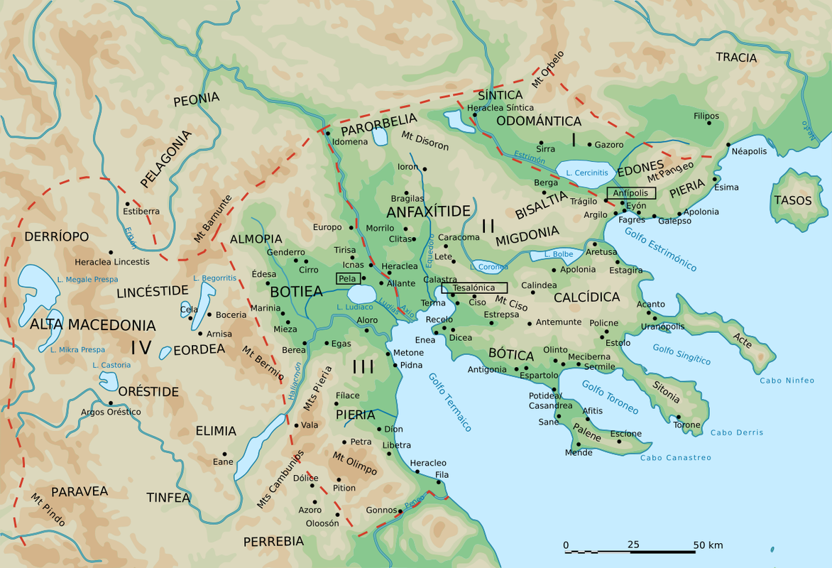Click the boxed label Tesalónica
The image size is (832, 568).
click(x=474, y=288)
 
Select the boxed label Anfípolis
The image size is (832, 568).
click(x=631, y=193)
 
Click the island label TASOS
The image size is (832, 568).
click(x=793, y=201)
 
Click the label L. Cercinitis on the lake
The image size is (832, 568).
click(x=586, y=173)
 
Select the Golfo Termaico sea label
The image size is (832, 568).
click(x=449, y=402)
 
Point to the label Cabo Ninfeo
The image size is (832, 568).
click(x=787, y=381)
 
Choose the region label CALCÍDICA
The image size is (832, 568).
click(x=587, y=297)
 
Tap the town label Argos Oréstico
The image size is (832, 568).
click(x=111, y=412)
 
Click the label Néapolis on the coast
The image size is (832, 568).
click(x=749, y=152)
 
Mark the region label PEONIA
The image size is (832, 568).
click(x=197, y=99)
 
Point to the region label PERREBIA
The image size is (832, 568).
click(x=273, y=541)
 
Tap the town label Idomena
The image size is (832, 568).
click(x=350, y=142)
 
